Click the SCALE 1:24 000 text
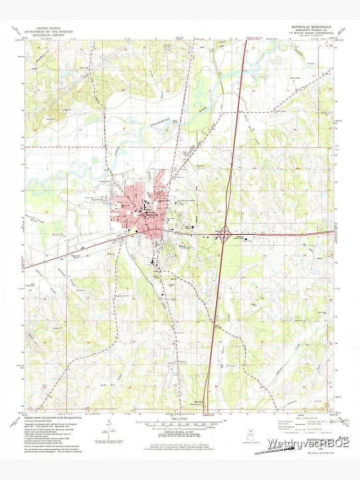[x=180, y=420]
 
